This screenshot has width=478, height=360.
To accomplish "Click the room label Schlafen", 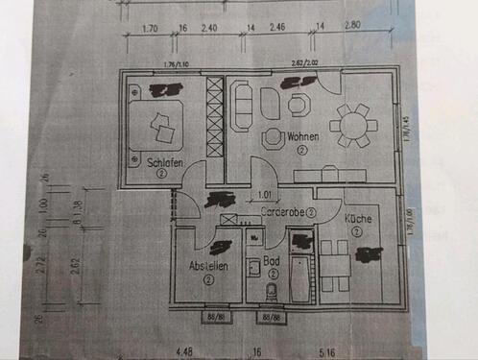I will (x=165, y=163).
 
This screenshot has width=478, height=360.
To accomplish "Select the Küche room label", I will (x=356, y=219).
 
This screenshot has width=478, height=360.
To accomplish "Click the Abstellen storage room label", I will (x=208, y=266).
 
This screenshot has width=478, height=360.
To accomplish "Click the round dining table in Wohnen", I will (x=350, y=124).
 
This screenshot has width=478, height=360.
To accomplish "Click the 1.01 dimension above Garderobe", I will (x=265, y=195).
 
